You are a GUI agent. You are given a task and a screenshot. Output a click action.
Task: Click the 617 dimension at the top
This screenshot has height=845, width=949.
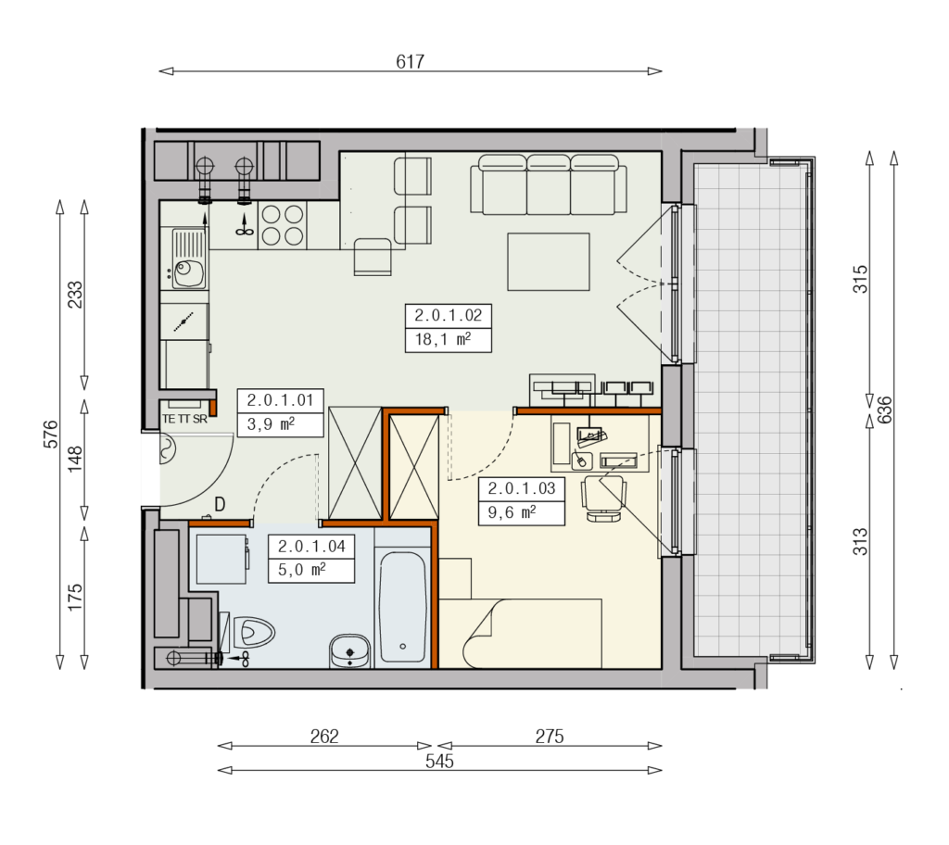click(x=410, y=61)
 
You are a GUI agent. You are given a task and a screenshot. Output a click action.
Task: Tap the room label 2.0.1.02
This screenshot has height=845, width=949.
click(x=448, y=315)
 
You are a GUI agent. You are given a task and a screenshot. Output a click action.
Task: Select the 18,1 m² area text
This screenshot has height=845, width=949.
click(x=442, y=339)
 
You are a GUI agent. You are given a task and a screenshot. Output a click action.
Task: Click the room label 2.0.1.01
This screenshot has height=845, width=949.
click(x=280, y=400)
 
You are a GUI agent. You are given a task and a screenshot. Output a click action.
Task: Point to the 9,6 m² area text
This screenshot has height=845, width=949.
click(x=512, y=512)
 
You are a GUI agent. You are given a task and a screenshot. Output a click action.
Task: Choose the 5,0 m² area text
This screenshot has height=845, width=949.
click(x=301, y=570)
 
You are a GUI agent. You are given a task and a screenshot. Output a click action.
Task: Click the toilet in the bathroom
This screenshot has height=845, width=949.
click(x=249, y=632)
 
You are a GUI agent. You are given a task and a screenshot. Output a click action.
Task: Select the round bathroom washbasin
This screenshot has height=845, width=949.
click(x=349, y=651)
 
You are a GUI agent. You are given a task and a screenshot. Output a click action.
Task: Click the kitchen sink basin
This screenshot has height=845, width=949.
click(x=189, y=272)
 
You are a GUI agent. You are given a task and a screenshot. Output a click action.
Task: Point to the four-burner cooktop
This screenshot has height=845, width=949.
click(x=282, y=226)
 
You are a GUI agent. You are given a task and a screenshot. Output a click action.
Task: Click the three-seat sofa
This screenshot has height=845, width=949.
click(x=549, y=184)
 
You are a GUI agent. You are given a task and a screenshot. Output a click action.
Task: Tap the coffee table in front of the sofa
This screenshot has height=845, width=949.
click(x=549, y=262)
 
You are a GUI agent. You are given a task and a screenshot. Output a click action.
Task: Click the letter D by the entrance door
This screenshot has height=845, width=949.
click(x=220, y=504)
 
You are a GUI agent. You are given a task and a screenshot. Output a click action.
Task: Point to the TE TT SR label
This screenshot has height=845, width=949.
click(x=184, y=419)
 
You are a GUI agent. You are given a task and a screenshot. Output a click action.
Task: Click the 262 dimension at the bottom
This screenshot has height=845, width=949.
click(x=324, y=736)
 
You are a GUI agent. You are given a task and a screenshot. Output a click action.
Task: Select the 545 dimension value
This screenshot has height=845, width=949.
click(x=439, y=761)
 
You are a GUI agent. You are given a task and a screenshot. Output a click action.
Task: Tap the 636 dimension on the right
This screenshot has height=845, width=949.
click(x=884, y=410)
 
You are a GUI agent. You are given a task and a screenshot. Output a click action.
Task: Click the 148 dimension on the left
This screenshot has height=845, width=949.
click(x=74, y=459)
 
